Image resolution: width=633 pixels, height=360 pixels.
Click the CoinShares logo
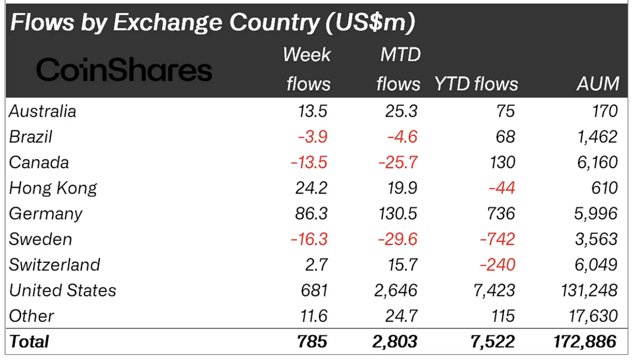(124, 71)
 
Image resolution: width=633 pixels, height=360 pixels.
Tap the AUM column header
(598, 84)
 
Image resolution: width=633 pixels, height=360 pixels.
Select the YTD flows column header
(476, 84)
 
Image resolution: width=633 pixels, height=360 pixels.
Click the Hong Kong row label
(53, 188)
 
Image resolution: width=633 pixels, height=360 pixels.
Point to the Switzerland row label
(54, 265)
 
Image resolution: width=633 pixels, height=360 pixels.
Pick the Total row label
(29, 342)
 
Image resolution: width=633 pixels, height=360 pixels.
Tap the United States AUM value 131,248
(589, 290)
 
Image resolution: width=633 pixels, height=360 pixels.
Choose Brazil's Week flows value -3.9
(312, 137)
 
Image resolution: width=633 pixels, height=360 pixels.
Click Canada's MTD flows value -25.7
(398, 162)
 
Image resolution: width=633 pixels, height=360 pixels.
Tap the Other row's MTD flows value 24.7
(401, 316)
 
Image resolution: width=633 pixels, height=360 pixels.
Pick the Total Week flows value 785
(312, 342)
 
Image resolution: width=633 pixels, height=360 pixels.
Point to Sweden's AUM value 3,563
(596, 239)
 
